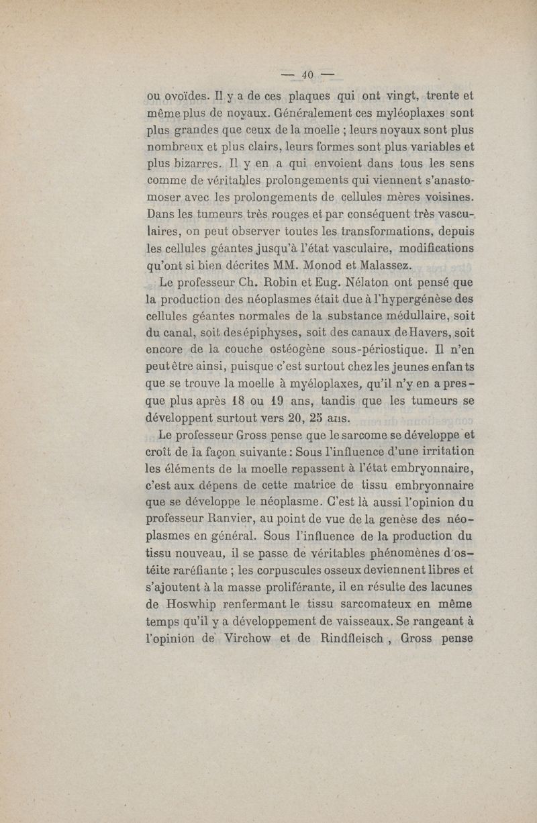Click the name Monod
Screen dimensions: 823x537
click(324, 265)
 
